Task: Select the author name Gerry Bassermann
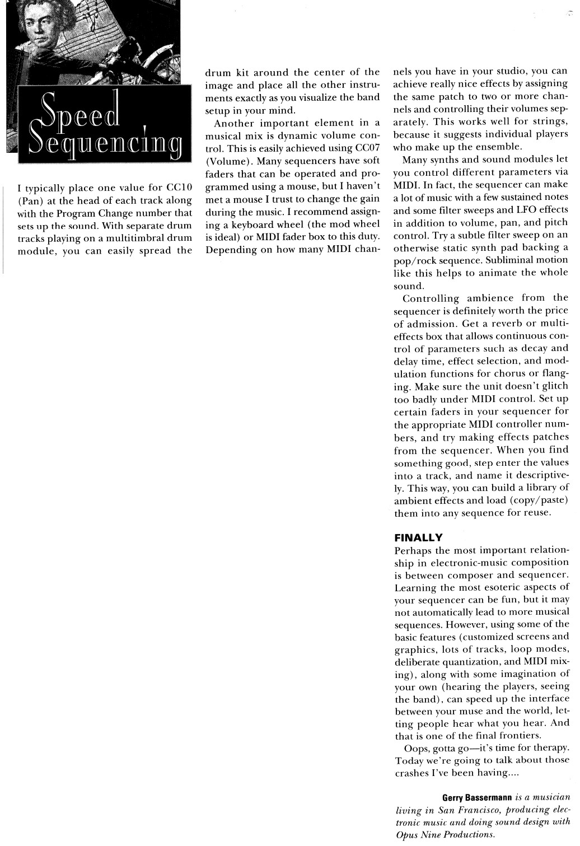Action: [476, 797]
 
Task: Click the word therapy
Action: [549, 748]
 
